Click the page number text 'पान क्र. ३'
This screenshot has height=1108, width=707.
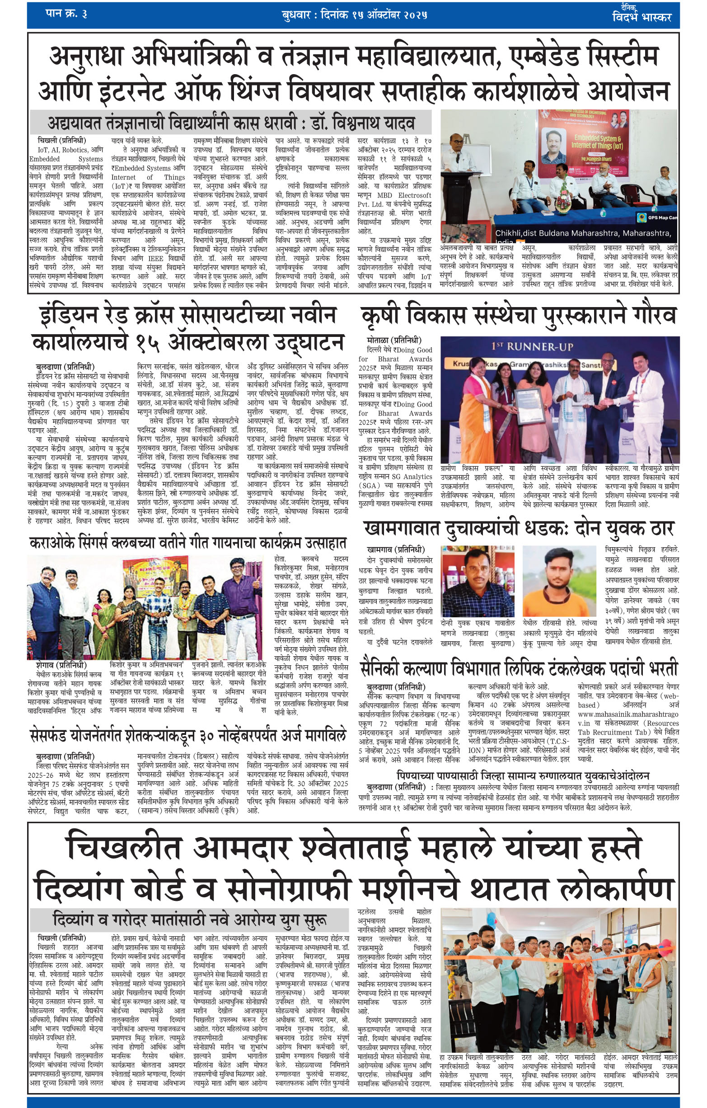pos(66,14)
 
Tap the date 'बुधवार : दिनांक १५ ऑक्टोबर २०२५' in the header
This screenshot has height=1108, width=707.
pos(355,15)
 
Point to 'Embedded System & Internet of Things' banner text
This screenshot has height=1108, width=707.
pos(598,141)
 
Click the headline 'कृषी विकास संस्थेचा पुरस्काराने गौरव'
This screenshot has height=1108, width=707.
pos(519,316)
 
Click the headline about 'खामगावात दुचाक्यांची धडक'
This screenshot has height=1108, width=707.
pos(519,529)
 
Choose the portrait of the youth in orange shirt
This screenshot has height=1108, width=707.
pos(559,581)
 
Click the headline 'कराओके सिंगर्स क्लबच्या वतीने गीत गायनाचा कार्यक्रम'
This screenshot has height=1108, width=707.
pos(187,543)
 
